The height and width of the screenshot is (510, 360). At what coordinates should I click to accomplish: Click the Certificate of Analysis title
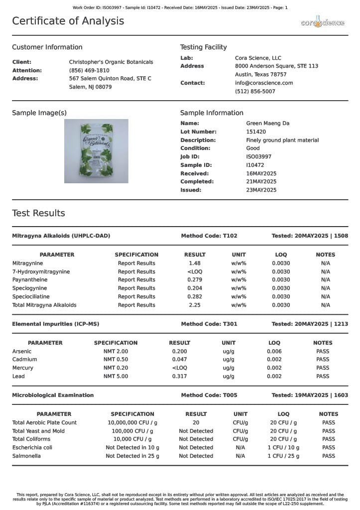(x=68, y=21)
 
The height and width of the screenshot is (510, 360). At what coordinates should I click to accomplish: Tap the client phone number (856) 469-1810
(x=89, y=71)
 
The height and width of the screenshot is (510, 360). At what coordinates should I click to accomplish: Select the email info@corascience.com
(x=264, y=83)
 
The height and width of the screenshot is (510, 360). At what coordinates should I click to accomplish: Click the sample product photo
(x=96, y=151)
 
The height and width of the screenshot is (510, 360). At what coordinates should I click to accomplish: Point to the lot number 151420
(x=256, y=132)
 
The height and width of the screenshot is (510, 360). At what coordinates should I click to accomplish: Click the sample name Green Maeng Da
(x=267, y=124)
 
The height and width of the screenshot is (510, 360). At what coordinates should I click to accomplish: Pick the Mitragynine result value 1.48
(x=195, y=263)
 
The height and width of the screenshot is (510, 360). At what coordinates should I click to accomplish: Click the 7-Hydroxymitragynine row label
(x=41, y=272)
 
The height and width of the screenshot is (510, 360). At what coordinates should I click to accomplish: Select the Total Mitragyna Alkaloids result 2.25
(x=195, y=305)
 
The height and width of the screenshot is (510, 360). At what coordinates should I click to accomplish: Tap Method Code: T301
(x=209, y=324)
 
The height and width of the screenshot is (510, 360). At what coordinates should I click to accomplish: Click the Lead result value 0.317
(x=179, y=377)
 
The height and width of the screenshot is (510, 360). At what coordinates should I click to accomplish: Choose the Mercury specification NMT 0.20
(x=116, y=368)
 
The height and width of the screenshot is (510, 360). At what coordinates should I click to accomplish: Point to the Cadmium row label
(x=24, y=360)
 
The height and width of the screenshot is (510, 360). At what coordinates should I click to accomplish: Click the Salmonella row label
(x=26, y=456)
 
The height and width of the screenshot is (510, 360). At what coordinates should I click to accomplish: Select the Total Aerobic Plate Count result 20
(x=196, y=423)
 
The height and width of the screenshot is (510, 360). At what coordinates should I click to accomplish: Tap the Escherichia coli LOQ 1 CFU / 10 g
(x=283, y=448)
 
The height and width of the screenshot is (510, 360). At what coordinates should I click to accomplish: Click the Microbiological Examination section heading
(x=53, y=395)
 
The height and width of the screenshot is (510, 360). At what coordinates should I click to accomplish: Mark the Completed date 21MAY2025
(x=261, y=182)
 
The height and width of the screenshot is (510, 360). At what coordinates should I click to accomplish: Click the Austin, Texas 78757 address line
(x=260, y=75)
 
